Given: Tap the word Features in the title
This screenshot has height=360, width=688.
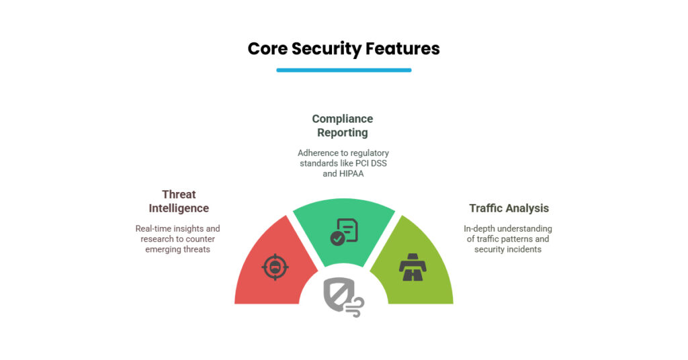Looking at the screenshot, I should [402, 48].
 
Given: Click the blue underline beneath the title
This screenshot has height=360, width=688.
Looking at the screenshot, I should [343, 70].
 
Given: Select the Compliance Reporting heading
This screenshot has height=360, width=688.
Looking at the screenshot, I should [343, 126].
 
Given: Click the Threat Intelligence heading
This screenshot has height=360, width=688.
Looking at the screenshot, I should [179, 201].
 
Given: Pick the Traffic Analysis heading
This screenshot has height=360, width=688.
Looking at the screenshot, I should [509, 208].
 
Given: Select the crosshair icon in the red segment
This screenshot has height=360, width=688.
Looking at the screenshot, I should [275, 267].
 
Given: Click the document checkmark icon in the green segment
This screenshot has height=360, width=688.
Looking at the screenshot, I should [344, 231].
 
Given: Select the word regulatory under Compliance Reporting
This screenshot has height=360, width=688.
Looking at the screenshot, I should [368, 152].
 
